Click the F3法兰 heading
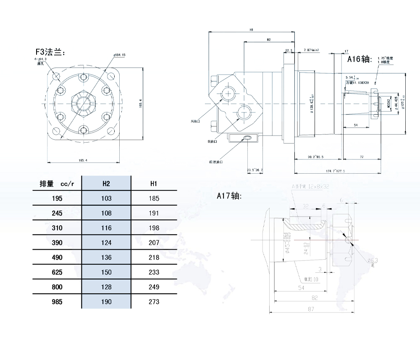49,52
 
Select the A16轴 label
360,59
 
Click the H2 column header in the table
106,183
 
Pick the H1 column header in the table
154,183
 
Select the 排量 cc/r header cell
57,183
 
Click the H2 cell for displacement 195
106,198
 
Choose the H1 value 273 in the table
154,302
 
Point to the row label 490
57,257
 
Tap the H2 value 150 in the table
106,272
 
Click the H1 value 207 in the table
154,243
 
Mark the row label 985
57,302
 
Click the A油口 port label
197,121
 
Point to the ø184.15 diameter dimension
120,55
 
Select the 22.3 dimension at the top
289,50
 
